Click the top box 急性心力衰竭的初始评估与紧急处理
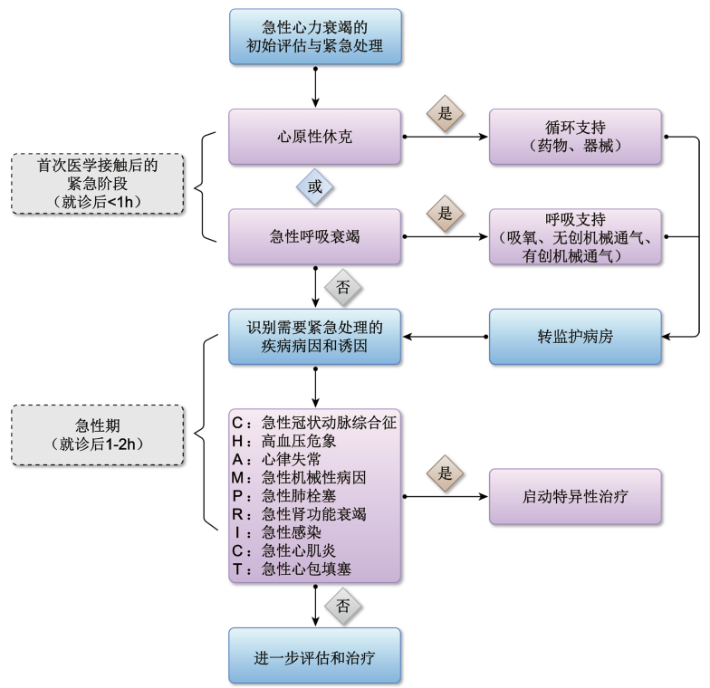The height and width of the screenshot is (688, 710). pos(314,37)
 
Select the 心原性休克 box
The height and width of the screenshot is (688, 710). pos(314,137)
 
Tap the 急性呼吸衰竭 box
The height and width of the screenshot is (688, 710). pos(314,237)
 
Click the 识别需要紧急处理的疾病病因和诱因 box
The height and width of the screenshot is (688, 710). pos(314,337)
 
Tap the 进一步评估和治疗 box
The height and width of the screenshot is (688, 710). pos(314,655)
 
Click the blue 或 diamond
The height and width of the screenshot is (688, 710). pos(315,187)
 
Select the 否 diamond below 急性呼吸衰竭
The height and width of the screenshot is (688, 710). pos(343,288)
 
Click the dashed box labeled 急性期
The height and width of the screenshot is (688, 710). pos(97,434)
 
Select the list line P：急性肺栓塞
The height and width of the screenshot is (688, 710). pos(308,496)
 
